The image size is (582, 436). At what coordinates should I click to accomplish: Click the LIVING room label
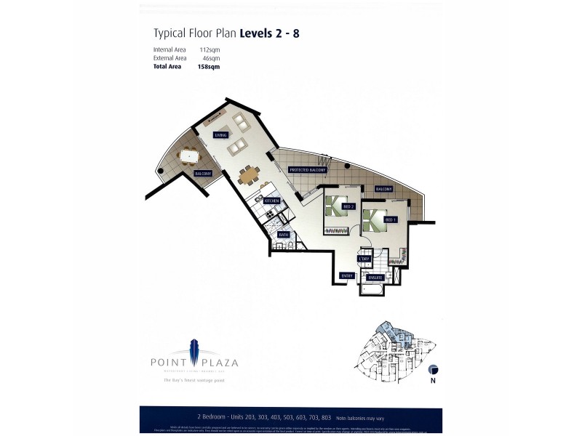[x=221, y=135]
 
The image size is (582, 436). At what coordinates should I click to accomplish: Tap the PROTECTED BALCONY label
[x=307, y=169]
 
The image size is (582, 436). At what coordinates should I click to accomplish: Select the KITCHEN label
[x=271, y=200]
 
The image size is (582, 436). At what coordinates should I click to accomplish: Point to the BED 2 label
[x=348, y=206]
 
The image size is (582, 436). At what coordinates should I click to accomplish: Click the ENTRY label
[x=347, y=275]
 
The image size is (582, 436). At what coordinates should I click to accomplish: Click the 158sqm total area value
[x=208, y=66]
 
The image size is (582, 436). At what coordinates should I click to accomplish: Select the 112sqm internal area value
[x=210, y=49]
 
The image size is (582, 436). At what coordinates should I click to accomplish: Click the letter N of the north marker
[x=433, y=380]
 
